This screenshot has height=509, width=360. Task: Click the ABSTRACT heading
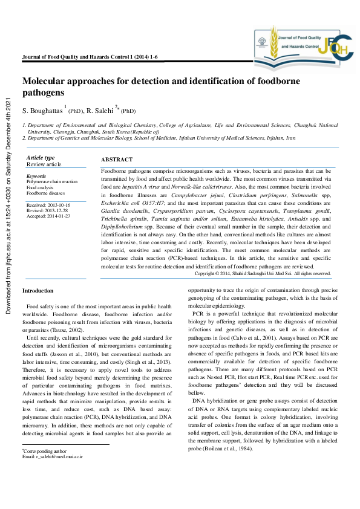(116, 159)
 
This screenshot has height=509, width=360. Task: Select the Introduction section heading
(38, 291)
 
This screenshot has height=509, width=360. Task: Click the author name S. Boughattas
(42, 111)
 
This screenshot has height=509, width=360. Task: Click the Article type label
(41, 158)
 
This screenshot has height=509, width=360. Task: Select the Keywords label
(36, 176)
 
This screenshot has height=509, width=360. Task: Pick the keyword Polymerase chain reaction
(52, 181)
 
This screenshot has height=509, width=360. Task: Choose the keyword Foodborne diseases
(45, 193)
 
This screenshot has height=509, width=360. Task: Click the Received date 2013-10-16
(48, 205)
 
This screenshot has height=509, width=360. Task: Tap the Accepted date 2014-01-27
(48, 216)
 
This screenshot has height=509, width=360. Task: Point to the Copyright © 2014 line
(263, 273)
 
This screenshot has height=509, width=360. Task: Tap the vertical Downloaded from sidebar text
(8, 206)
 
